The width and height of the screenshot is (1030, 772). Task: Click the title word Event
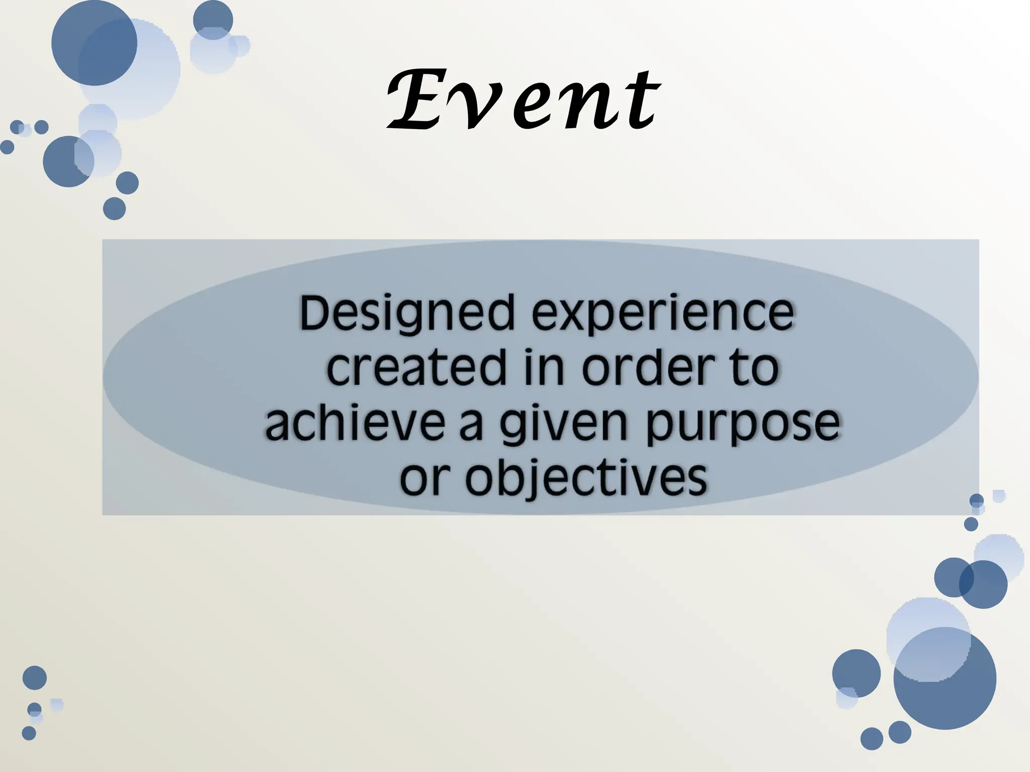[x=523, y=100]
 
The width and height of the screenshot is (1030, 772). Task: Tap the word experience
[x=663, y=314]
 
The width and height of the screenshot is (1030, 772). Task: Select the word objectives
[x=585, y=478]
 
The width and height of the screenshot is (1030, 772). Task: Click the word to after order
[x=754, y=368]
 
